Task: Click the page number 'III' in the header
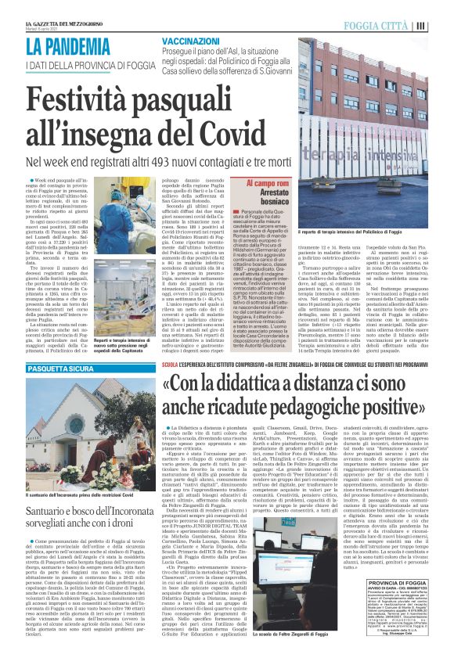442,26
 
